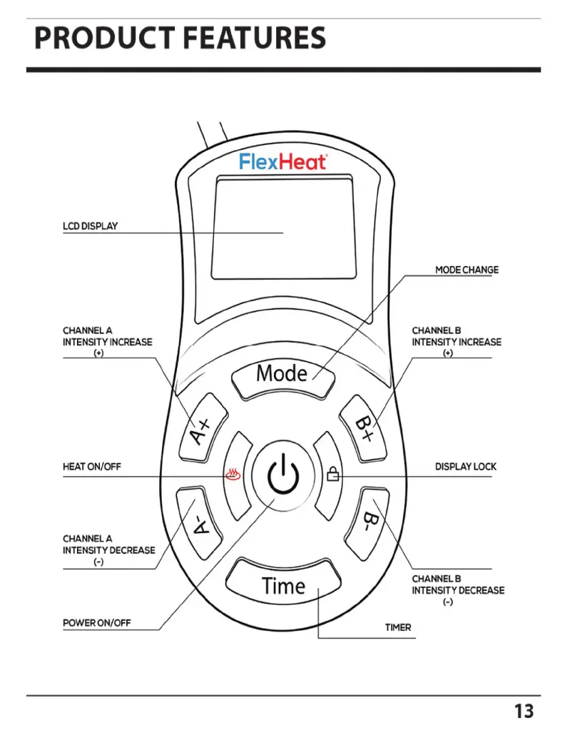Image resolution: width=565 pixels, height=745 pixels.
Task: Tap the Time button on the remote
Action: (x=283, y=585)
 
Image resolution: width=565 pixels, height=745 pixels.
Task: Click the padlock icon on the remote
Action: (x=332, y=473)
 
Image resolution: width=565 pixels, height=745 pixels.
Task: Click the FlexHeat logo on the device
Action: (x=282, y=162)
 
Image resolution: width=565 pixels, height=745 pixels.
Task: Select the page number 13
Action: (x=523, y=711)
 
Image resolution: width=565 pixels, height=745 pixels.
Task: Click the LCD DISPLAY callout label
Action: (x=90, y=226)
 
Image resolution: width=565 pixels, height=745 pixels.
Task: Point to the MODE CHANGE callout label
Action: (x=467, y=270)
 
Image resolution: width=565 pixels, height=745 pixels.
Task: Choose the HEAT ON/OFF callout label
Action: (x=92, y=467)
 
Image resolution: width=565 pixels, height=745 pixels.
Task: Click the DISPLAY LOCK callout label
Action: (x=466, y=467)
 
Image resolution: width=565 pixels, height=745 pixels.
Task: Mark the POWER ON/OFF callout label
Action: (x=97, y=623)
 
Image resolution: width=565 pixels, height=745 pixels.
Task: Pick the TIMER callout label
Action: (x=398, y=628)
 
